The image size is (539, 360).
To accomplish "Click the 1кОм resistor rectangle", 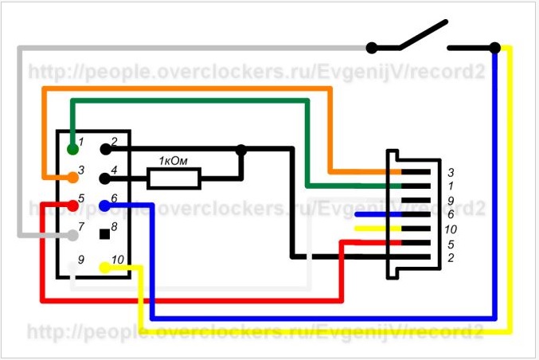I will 174,178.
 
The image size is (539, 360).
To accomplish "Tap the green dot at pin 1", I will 73,148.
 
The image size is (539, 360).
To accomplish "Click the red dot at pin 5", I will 73,205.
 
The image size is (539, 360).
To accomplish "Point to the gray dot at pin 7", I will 73,234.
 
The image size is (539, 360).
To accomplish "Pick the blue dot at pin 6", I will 105,205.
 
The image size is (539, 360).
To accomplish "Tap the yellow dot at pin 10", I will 105,266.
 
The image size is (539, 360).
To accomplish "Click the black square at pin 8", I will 104,234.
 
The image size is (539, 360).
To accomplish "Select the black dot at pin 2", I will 105,148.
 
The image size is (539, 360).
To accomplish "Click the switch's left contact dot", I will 372,48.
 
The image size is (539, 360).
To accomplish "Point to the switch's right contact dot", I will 495,48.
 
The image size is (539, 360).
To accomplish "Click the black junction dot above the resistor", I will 241,148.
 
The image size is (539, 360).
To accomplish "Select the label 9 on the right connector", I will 450,200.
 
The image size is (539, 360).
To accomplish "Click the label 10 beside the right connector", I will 452,229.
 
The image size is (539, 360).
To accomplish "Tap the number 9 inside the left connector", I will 81,260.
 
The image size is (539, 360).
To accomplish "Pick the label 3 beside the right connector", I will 450,171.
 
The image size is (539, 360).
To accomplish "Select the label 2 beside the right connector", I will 450,257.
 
